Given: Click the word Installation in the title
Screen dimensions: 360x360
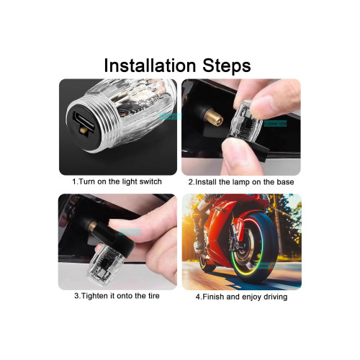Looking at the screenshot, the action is pyautogui.click(x=150, y=66).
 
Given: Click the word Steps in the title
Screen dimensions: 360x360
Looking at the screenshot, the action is pyautogui.click(x=227, y=66).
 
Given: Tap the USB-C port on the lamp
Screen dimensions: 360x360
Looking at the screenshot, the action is pyautogui.click(x=81, y=120).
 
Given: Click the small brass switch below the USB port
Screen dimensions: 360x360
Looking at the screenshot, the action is pyautogui.click(x=84, y=130).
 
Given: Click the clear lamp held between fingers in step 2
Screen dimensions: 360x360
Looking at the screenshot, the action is pyautogui.click(x=246, y=120).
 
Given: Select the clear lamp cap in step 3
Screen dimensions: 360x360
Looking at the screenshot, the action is pyautogui.click(x=106, y=264).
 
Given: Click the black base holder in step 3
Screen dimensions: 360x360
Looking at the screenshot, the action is pyautogui.click(x=120, y=238).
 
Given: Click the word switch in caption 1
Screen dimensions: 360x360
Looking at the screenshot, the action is pyautogui.click(x=150, y=181).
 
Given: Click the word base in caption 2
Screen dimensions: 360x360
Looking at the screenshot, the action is pyautogui.click(x=285, y=182).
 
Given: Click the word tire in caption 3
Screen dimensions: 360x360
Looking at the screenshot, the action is pyautogui.click(x=153, y=296).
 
